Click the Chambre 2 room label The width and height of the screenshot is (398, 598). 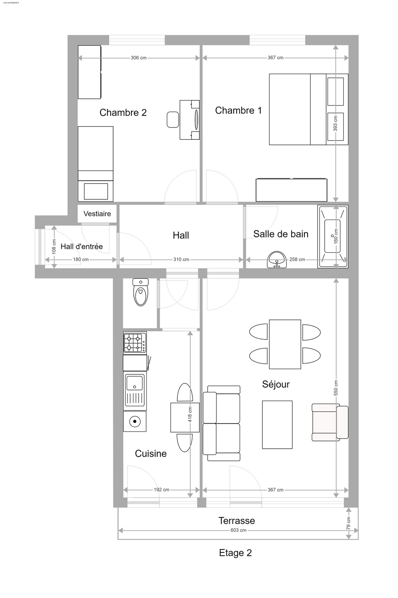click(x=123, y=112)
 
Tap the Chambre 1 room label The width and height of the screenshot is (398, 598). click(x=238, y=110)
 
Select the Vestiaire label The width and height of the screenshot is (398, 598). click(x=97, y=214)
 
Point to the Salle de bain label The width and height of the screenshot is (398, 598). click(x=281, y=234)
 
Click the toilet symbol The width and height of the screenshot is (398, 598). click(x=141, y=292)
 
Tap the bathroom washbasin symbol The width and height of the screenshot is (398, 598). click(x=277, y=260)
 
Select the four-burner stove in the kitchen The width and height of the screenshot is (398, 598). click(x=135, y=343)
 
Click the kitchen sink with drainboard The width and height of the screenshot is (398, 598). click(x=135, y=391)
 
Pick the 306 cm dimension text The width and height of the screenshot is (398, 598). click(x=139, y=58)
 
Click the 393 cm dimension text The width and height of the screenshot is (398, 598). click(x=336, y=123)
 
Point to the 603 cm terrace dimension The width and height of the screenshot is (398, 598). click(x=238, y=530)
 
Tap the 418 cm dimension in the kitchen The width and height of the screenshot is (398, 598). click(x=190, y=415)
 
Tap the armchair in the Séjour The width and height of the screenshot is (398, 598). click(x=330, y=422)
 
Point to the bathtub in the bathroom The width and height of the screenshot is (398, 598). click(x=333, y=236)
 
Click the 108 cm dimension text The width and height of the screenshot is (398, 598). click(x=54, y=247)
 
